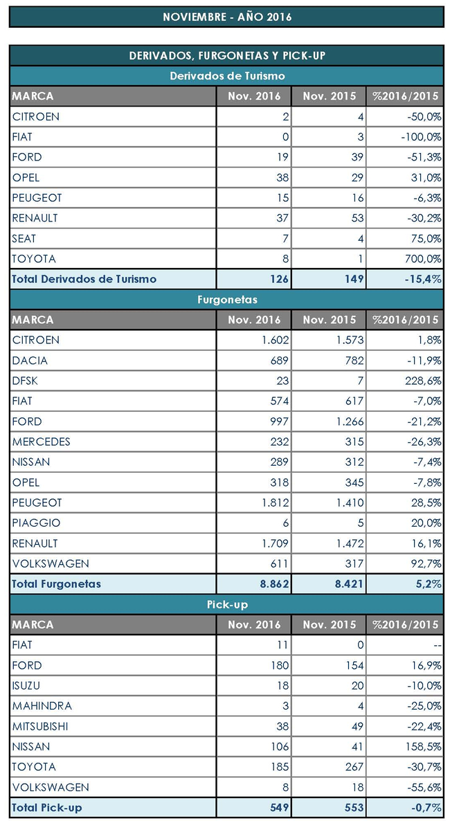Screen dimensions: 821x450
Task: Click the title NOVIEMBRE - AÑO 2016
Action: coord(226,17)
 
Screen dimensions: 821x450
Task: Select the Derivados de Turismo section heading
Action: coord(226,75)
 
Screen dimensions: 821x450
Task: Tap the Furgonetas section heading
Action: coord(226,300)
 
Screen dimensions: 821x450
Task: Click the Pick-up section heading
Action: coord(226,604)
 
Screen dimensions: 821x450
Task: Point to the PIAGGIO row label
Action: coord(36,523)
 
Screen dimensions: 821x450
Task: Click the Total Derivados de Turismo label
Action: coord(84,279)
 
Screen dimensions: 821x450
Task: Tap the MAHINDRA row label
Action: coord(41,706)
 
